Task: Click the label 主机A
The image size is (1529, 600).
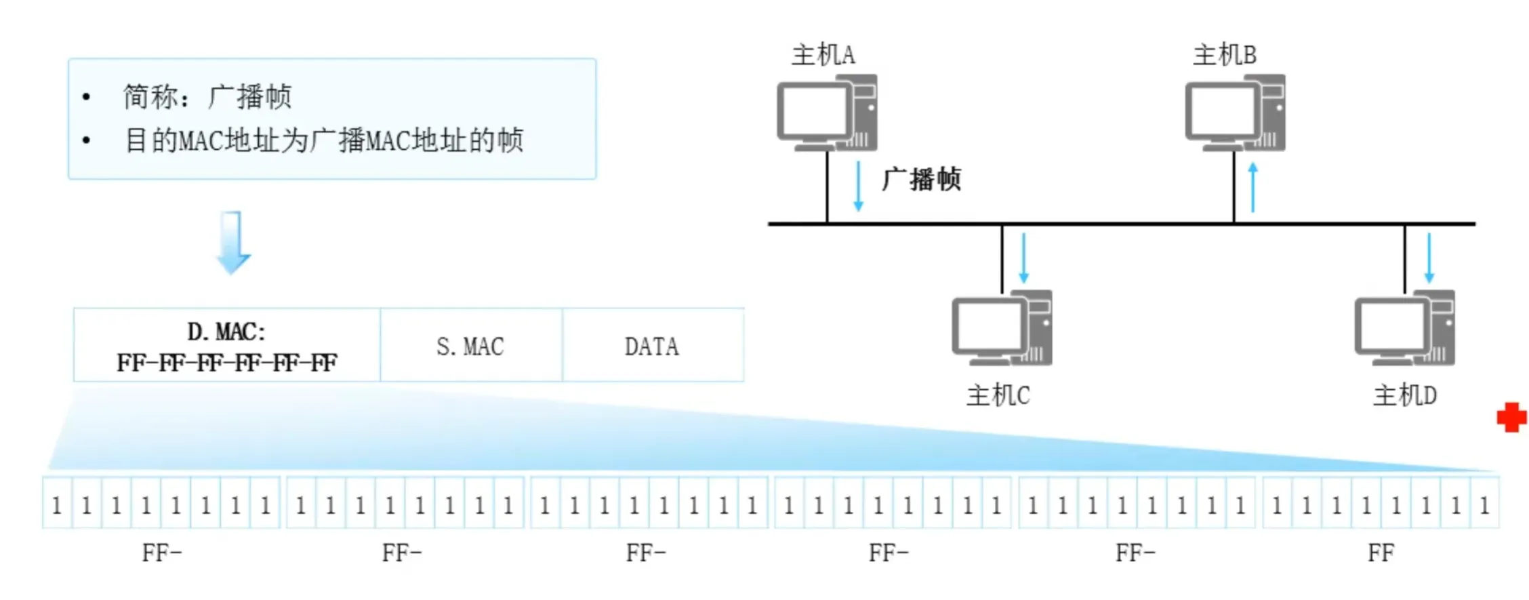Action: pyautogui.click(x=823, y=55)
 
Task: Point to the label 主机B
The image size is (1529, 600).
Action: pyautogui.click(x=1224, y=55)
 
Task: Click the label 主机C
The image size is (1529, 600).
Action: pyautogui.click(x=998, y=395)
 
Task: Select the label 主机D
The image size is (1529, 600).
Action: pyautogui.click(x=1404, y=395)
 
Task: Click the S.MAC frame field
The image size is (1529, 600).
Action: pyautogui.click(x=470, y=346)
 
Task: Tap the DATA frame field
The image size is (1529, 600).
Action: pyautogui.click(x=651, y=346)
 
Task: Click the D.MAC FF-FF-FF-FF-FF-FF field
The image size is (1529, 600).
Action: pyautogui.click(x=226, y=346)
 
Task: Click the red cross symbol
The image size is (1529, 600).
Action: pyautogui.click(x=1511, y=418)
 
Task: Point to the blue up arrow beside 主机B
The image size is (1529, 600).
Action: pyautogui.click(x=1252, y=188)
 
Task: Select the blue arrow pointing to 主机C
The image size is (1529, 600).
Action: pyautogui.click(x=1023, y=258)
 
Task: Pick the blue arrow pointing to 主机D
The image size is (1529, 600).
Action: pyautogui.click(x=1429, y=258)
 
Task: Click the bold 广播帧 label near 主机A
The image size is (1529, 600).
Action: pyautogui.click(x=921, y=180)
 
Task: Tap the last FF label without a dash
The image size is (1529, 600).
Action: pyautogui.click(x=1381, y=553)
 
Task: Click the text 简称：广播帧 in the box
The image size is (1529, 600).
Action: pyautogui.click(x=207, y=97)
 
